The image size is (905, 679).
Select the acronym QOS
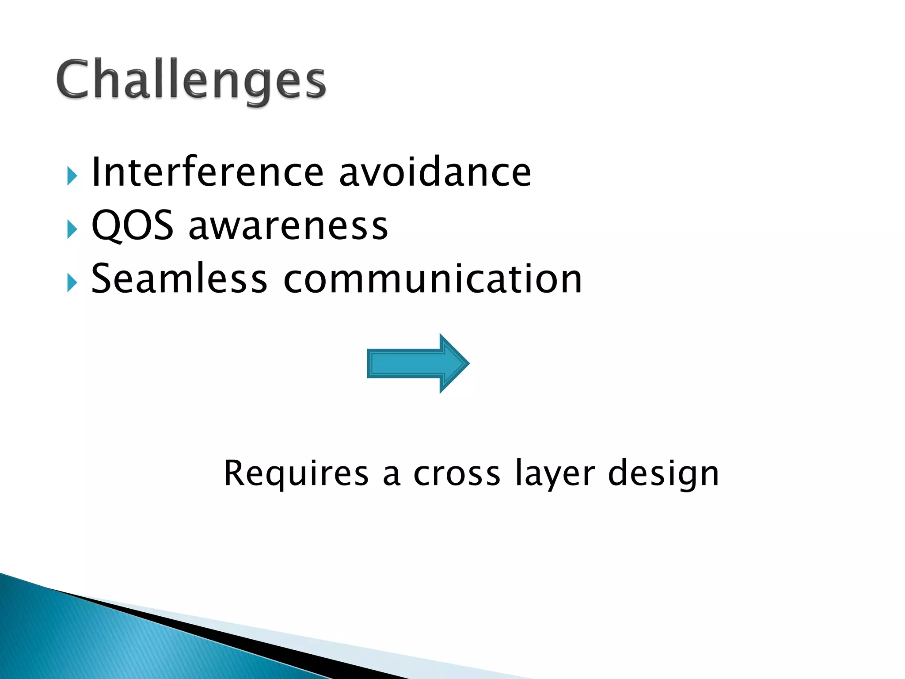pyautogui.click(x=132, y=226)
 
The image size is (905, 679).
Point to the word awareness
pyautogui.click(x=288, y=227)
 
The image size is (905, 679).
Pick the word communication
pyautogui.click(x=433, y=278)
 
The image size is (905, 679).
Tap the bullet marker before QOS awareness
pyautogui.click(x=72, y=229)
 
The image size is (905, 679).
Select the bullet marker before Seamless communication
pyautogui.click(x=72, y=282)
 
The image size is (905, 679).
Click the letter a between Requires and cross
pyautogui.click(x=391, y=475)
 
